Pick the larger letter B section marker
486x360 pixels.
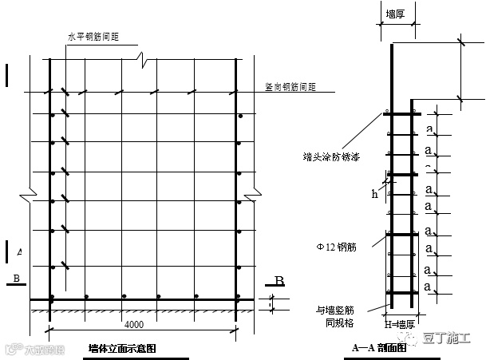coord(279,280)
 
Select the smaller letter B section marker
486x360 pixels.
coord(14,278)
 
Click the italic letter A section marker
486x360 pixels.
coord(18,252)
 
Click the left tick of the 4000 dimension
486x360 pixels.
coord(50,328)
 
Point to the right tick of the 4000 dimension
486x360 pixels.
coord(237,328)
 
